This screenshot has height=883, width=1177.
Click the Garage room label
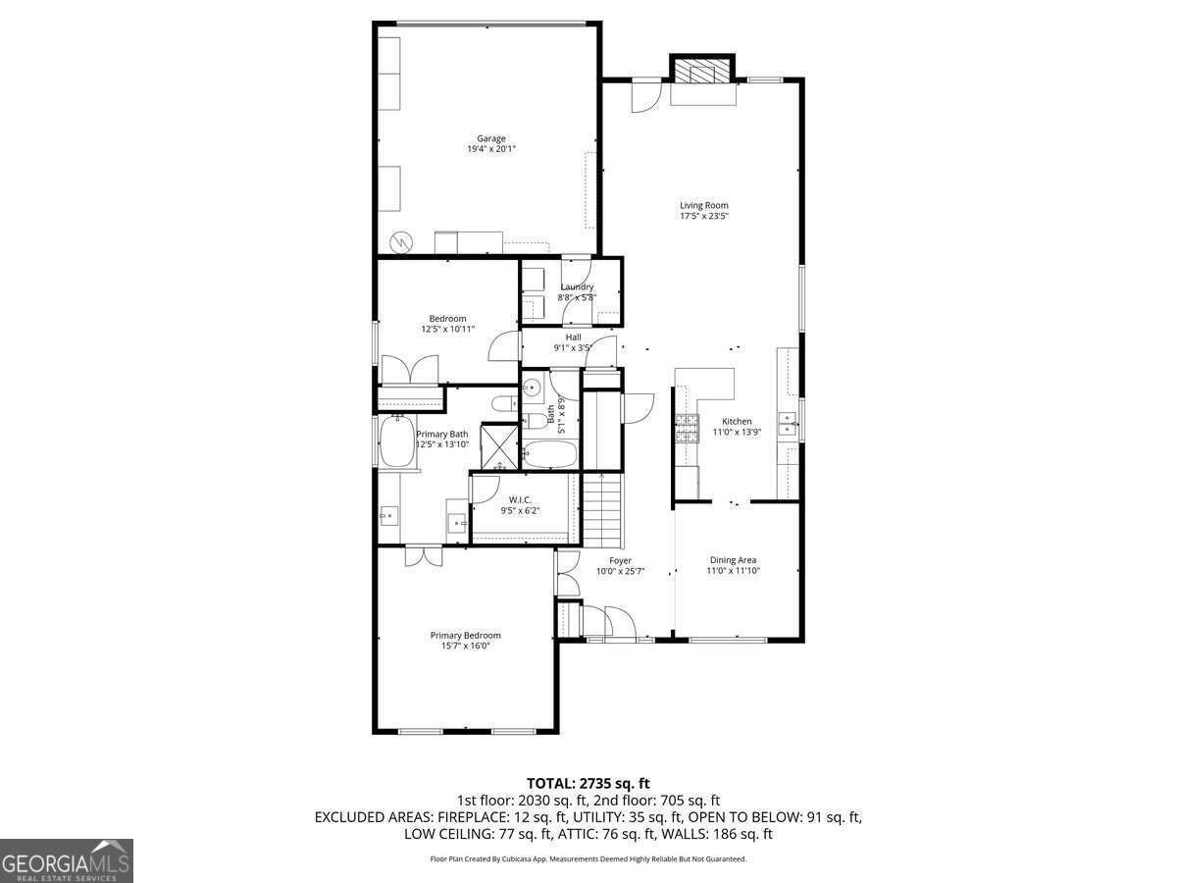(491, 138)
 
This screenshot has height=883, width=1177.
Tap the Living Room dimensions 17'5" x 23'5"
(704, 216)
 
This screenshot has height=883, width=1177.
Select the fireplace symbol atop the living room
(702, 73)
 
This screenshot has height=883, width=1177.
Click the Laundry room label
(577, 286)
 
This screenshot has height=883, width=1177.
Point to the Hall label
(573, 337)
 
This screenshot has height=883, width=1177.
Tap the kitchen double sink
(788, 424)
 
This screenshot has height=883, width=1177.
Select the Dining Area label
(733, 560)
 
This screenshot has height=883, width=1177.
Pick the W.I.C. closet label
(520, 499)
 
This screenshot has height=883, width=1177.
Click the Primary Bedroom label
(465, 635)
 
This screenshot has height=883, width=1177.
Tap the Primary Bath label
(442, 434)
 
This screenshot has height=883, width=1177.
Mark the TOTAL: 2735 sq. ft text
(588, 783)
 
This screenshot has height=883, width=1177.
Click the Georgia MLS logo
(67, 860)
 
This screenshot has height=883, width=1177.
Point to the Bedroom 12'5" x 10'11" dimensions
(447, 329)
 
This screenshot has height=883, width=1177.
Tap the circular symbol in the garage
(401, 241)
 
